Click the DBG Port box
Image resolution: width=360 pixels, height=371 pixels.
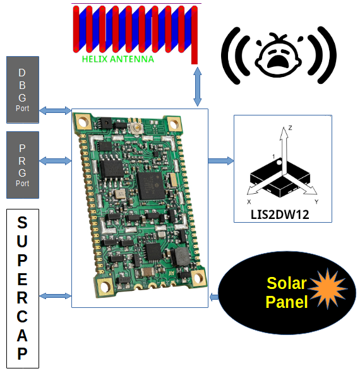[x=23, y=90]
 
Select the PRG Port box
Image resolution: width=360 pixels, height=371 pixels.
[x=23, y=165]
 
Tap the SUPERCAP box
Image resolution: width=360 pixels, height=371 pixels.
[x=23, y=288]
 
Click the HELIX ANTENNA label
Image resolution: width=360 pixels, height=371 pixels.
[x=117, y=59]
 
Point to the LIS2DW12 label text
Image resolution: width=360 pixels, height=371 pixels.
[x=280, y=215]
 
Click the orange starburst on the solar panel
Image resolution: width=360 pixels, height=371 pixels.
[x=327, y=289]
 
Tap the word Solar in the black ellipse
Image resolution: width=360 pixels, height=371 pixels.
[x=287, y=283]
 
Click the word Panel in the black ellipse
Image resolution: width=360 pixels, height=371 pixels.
[x=287, y=302]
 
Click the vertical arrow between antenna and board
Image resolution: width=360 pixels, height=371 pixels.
[x=197, y=86]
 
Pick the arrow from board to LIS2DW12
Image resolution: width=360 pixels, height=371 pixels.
[x=221, y=161]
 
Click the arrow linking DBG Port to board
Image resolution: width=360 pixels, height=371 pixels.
[x=55, y=110]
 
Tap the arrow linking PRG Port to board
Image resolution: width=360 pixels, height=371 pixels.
[x=55, y=161]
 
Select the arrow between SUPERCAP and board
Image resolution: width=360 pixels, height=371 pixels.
[x=55, y=296]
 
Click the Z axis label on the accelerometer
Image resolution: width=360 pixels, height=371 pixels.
[x=290, y=127]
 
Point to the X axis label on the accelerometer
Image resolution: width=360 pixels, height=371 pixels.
[x=249, y=202]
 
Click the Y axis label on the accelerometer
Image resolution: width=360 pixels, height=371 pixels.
[x=316, y=202]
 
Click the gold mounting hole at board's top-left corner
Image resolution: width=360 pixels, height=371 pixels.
[x=82, y=122]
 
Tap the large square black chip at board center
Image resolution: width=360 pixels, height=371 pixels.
[x=151, y=185]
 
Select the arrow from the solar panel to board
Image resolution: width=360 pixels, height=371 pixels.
[x=214, y=297]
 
